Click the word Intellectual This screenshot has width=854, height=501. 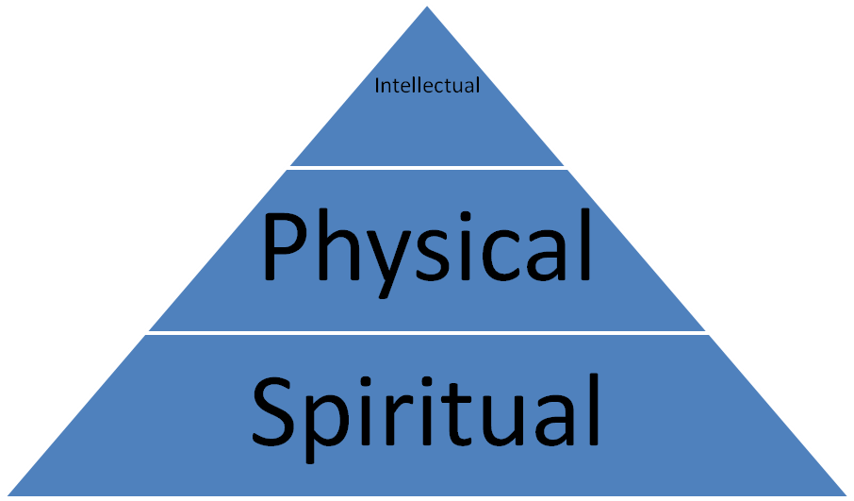pyautogui.click(x=427, y=86)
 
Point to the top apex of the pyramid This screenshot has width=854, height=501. pyautogui.click(x=427, y=5)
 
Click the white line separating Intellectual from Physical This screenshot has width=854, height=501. pyautogui.click(x=427, y=169)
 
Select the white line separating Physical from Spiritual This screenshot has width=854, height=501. pyautogui.click(x=427, y=332)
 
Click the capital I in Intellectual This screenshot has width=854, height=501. pyautogui.click(x=377, y=86)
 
